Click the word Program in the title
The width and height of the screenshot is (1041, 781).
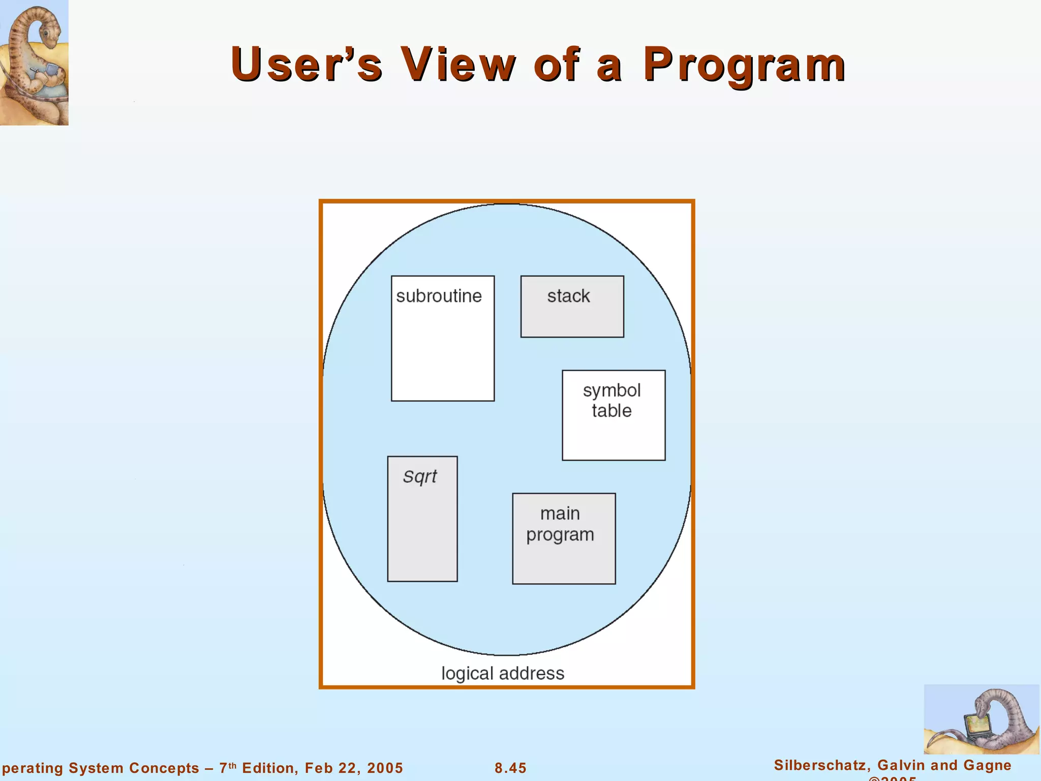click(x=744, y=65)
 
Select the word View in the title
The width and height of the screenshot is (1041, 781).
click(x=457, y=65)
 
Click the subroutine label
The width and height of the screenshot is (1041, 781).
click(x=439, y=296)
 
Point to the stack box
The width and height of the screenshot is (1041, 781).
click(x=572, y=307)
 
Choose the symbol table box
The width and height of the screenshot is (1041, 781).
click(x=614, y=415)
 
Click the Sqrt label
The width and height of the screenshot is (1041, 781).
click(x=420, y=476)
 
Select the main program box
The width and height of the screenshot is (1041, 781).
click(x=564, y=538)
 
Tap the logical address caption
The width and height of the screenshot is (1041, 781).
click(x=503, y=673)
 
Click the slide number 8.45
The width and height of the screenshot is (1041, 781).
click(x=510, y=768)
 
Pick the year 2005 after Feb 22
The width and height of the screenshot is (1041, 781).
click(x=385, y=768)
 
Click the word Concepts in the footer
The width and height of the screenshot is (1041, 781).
click(x=164, y=768)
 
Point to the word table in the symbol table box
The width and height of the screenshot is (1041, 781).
click(x=611, y=411)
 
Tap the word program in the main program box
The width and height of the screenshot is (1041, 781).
click(x=560, y=535)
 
